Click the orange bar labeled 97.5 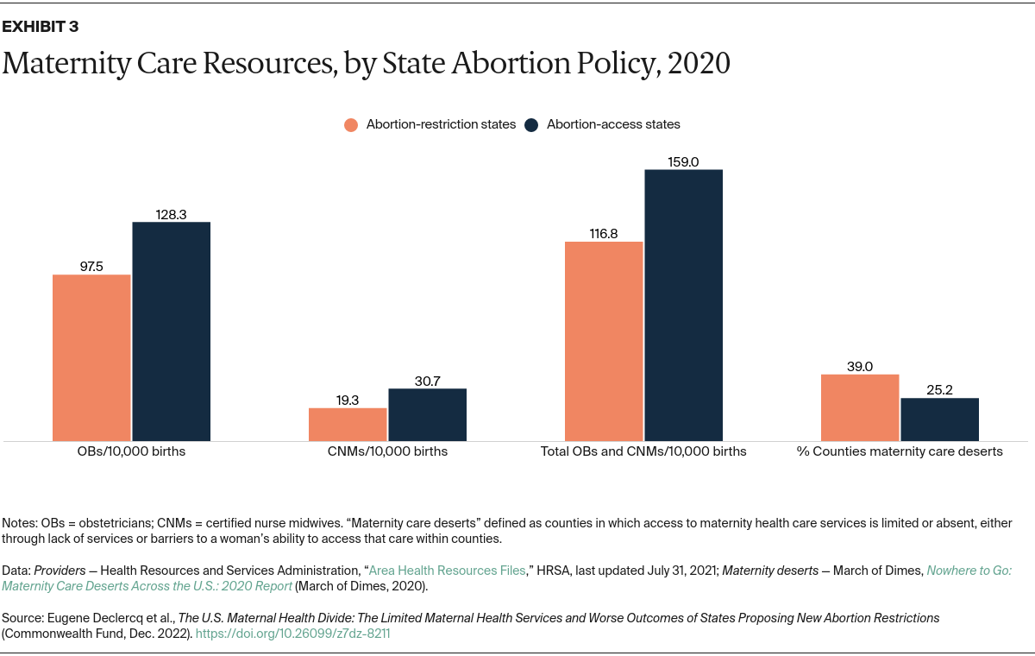[91, 358]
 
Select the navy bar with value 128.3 [171, 331]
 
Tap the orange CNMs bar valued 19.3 [348, 425]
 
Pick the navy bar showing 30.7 [427, 415]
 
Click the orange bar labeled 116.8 [604, 342]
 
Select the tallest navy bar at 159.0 [683, 306]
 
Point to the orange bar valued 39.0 [860, 407]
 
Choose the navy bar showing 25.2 [939, 419]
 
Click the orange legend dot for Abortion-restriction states [351, 124]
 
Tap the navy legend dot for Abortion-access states [531, 124]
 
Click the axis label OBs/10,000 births [131, 451]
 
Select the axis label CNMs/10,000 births [387, 451]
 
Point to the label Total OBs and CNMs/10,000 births [643, 451]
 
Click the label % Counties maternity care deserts [900, 451]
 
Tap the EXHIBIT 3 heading [40, 26]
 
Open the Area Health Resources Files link [447, 571]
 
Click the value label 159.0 [683, 161]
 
